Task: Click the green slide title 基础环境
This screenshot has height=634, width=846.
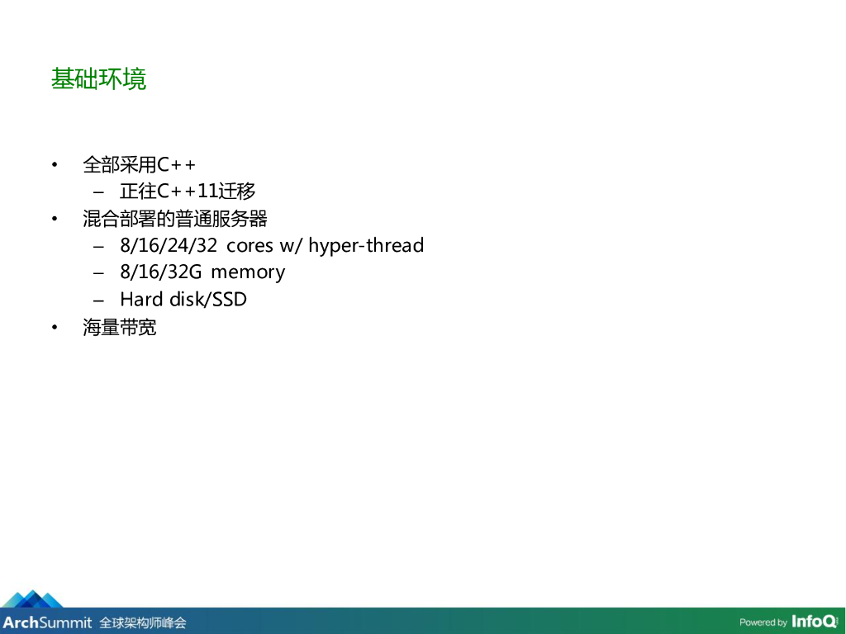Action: [98, 78]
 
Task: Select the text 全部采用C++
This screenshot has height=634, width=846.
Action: [139, 164]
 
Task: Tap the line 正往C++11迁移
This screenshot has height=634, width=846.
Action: [188, 191]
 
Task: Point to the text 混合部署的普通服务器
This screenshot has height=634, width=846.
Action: [175, 219]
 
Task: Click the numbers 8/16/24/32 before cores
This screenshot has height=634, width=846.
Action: [169, 245]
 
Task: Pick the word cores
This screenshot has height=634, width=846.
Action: [250, 246]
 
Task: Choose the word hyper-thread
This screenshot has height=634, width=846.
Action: [366, 246]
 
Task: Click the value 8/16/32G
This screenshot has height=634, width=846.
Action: [161, 272]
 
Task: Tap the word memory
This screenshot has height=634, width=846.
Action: [248, 272]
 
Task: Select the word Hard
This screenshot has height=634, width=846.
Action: [140, 299]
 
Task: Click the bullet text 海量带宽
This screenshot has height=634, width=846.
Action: [119, 327]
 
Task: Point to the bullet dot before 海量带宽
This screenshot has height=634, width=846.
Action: [55, 327]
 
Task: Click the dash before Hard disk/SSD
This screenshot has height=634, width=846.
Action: [98, 300]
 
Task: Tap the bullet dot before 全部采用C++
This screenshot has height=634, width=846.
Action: [55, 164]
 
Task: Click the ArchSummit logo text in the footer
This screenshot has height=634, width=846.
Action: [47, 622]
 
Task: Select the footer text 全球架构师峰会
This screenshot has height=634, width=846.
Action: [142, 623]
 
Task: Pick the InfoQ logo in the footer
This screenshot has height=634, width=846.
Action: [815, 622]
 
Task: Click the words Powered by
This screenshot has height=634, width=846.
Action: [763, 622]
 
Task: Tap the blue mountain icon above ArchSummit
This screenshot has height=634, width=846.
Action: [33, 599]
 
